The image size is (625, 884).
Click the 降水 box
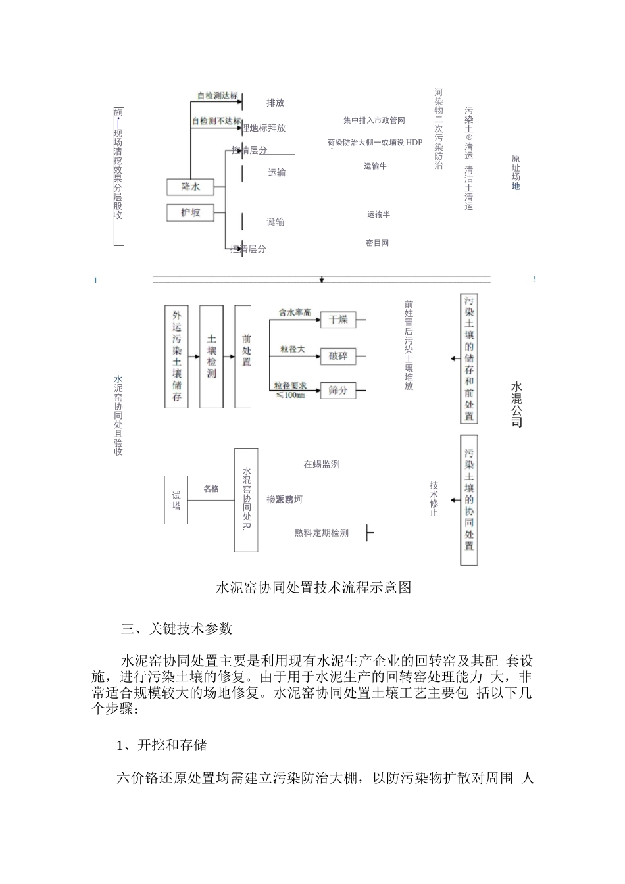(x=191, y=187)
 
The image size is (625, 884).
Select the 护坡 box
(x=191, y=212)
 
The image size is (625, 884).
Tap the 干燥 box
(x=338, y=320)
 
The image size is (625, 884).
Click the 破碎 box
(x=338, y=356)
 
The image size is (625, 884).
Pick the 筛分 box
(x=338, y=390)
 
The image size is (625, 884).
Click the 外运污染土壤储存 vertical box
(x=177, y=356)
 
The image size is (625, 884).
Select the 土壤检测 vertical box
(x=211, y=356)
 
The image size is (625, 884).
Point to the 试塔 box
(x=176, y=501)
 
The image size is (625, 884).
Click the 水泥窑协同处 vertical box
(x=247, y=500)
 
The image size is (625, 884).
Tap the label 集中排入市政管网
(x=374, y=120)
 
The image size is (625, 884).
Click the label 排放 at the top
(x=275, y=103)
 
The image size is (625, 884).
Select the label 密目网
(x=377, y=243)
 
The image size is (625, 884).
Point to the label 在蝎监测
(x=321, y=464)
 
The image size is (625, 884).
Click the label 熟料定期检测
(x=321, y=533)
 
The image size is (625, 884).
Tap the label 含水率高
(x=294, y=312)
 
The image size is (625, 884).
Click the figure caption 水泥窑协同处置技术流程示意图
(x=313, y=587)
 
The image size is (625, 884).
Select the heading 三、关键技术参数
(x=176, y=629)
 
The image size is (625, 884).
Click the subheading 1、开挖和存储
(x=162, y=745)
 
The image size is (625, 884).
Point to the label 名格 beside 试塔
(x=211, y=489)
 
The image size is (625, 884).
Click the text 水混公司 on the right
(x=516, y=403)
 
